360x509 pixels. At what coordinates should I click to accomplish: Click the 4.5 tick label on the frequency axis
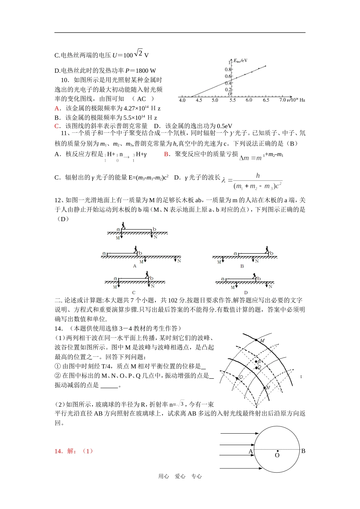coord(199,100)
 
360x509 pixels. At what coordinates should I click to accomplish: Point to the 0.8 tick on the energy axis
coord(228,70)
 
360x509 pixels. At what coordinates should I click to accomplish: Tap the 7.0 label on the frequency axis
coord(282,100)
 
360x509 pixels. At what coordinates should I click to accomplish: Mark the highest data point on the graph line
coord(265,66)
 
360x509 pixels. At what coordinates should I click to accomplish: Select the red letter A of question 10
coord(57,108)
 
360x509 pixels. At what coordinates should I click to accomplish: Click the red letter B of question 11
coord(166,154)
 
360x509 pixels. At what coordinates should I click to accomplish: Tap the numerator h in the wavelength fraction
coord(258,176)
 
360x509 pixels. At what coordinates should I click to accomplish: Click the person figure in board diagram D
coord(255,276)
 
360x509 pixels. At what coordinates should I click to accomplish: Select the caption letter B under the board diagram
coord(242,266)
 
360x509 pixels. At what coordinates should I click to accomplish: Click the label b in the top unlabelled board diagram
coord(154,229)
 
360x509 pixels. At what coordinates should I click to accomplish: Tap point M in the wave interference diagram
coord(257,340)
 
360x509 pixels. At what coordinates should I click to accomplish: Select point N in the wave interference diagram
coord(265,387)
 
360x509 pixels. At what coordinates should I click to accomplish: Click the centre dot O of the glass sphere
coord(277,451)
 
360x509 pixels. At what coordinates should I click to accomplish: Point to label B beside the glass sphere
coord(303,451)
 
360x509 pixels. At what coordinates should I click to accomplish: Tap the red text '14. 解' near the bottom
coord(65,451)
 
